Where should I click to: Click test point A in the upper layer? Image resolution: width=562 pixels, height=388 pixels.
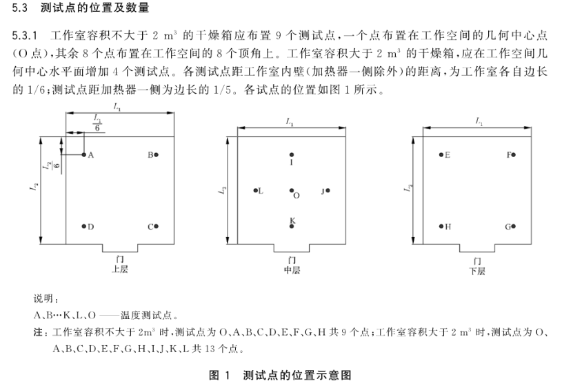point(84,155)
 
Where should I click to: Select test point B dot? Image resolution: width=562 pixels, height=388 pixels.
point(157,155)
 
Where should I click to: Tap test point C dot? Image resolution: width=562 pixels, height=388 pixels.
point(157,226)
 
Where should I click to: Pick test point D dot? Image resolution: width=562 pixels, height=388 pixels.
point(84,226)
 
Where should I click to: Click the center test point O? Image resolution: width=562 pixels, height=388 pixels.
point(292,191)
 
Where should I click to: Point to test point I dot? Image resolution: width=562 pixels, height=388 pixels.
point(292,155)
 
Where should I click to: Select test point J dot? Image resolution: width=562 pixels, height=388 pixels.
point(328,191)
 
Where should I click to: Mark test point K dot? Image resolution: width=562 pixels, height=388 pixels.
point(292,226)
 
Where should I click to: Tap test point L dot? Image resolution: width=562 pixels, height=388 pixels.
point(255,191)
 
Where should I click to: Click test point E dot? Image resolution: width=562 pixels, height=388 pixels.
point(441,155)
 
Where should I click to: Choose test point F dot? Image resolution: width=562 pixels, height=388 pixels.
point(514,155)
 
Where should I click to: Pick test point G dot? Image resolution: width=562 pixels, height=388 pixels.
point(514,226)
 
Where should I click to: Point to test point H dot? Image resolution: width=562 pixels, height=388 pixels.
point(441,226)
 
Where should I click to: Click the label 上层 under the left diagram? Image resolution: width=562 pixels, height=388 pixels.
point(120,269)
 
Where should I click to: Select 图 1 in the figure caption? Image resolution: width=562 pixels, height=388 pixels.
point(219,376)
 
